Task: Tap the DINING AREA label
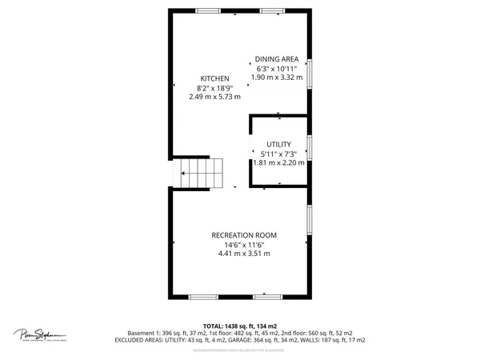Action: [x=277, y=59]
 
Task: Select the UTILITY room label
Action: [x=279, y=144]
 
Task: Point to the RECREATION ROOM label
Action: [x=244, y=234]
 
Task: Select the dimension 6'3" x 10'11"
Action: [x=277, y=69]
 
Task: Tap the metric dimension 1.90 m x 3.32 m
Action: [x=277, y=78]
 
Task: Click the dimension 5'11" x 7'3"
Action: [x=279, y=154]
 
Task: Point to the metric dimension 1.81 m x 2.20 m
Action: [x=279, y=162]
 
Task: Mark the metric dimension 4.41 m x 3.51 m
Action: [x=244, y=254]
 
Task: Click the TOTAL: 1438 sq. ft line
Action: [x=240, y=326]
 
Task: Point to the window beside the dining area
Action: [x=310, y=72]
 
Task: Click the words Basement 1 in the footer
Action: [x=146, y=333]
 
